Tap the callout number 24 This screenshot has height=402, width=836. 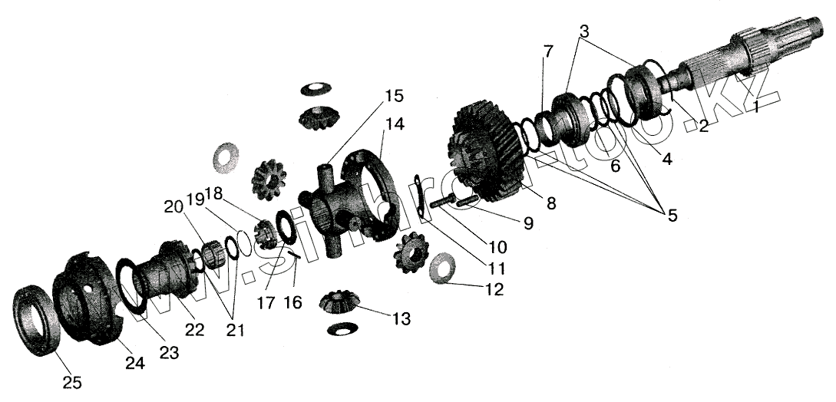(x=135, y=364)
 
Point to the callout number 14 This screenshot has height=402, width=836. (x=395, y=124)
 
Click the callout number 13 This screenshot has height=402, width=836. (x=400, y=318)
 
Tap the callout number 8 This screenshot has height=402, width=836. (x=552, y=203)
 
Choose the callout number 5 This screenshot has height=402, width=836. (x=672, y=216)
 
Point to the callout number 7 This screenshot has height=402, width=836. (x=547, y=51)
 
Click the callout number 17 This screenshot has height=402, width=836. (x=266, y=302)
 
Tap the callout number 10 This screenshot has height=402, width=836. (x=497, y=248)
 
